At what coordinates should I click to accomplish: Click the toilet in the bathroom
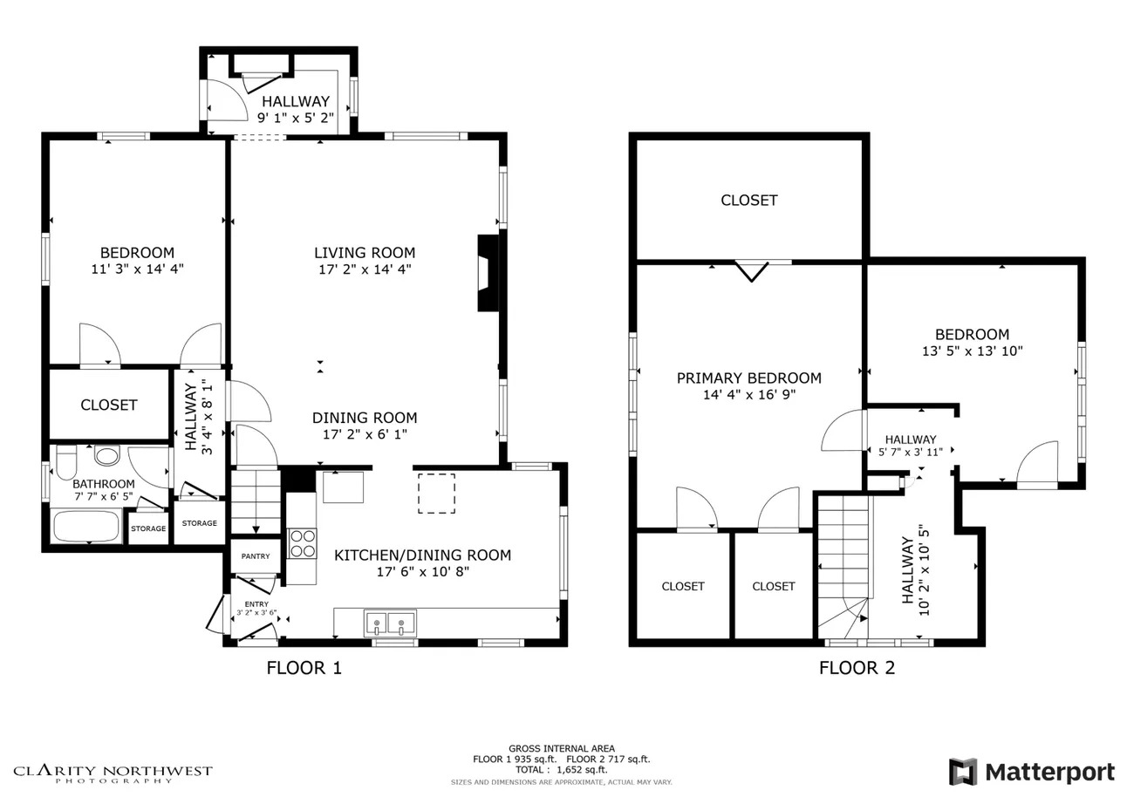pyautogui.click(x=66, y=461)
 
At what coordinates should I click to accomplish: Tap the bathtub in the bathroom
pyautogui.click(x=86, y=526)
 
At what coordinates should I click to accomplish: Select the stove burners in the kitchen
pyautogui.click(x=303, y=543)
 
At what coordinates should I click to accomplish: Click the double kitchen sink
pyautogui.click(x=390, y=623)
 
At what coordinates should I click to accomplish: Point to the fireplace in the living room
pyautogui.click(x=488, y=273)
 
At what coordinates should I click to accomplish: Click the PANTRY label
pyautogui.click(x=256, y=556)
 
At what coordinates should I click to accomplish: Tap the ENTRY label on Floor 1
pyautogui.click(x=256, y=604)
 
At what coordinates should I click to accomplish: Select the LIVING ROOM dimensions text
pyautogui.click(x=365, y=269)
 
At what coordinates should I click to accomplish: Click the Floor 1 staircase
pyautogui.click(x=256, y=502)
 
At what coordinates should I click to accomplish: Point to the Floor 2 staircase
pyautogui.click(x=844, y=567)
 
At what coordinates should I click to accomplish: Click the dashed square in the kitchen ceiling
pyautogui.click(x=436, y=494)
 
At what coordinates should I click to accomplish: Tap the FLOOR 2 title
pyautogui.click(x=857, y=668)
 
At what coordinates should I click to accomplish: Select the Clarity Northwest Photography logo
pyautogui.click(x=113, y=773)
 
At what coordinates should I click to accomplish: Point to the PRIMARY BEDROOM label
pyautogui.click(x=748, y=378)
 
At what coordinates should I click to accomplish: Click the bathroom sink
pyautogui.click(x=106, y=455)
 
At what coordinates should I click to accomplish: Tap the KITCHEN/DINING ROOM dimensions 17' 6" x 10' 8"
pyautogui.click(x=422, y=571)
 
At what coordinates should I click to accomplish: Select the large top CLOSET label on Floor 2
pyautogui.click(x=748, y=201)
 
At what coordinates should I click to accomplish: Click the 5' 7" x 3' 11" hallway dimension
pyautogui.click(x=910, y=452)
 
